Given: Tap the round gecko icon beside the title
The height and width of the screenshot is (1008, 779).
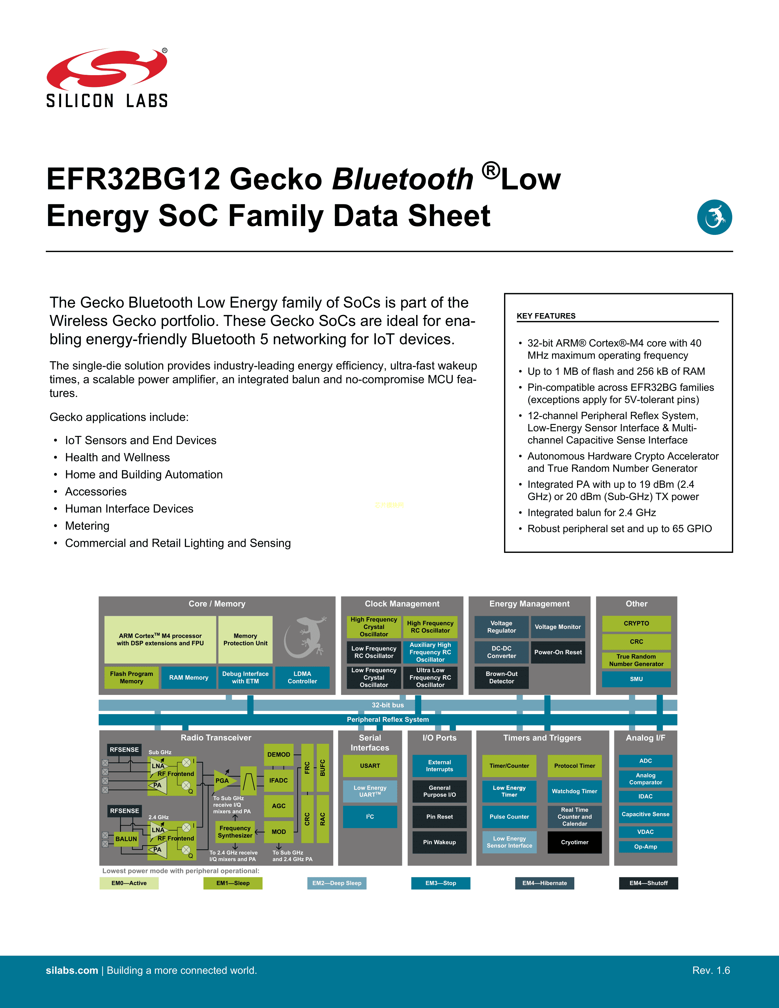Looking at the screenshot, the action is coord(715,217).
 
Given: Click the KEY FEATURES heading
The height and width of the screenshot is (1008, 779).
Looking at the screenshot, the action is coord(546,316).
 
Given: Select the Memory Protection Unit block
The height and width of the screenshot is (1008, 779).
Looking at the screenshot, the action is coord(245,639).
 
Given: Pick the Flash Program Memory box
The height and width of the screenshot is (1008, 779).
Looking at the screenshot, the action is coord(132,677).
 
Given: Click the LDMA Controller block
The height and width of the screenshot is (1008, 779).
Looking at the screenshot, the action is coord(302,677).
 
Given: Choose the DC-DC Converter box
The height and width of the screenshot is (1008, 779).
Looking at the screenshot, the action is coord(502,652).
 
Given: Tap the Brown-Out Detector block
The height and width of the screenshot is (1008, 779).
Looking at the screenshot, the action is coord(502,677).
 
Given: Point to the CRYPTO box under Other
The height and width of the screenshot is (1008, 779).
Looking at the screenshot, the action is coord(636,623).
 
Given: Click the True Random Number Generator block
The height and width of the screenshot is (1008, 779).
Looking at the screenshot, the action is coord(636,660).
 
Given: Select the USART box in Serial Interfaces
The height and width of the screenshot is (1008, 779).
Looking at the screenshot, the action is coord(370,766).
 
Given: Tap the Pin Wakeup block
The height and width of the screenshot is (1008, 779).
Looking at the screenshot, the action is coord(439,842).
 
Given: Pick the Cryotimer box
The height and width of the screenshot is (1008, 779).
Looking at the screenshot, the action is coord(575,842).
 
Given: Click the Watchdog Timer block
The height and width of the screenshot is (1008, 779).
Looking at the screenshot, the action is coord(575,791).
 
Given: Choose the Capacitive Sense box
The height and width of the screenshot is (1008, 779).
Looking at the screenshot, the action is coord(646,814).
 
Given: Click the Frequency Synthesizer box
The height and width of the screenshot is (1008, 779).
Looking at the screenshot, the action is coord(235,832).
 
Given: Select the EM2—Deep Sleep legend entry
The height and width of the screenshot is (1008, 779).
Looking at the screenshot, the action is coord(337,883).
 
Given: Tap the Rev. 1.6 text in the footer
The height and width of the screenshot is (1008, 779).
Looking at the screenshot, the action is coord(711,970).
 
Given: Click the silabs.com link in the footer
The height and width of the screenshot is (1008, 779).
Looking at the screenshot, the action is coord(72,970).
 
